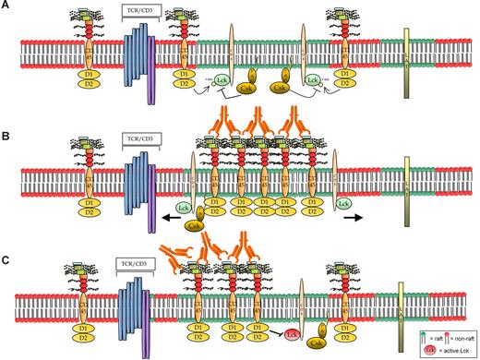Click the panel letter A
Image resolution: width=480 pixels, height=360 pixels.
(6, 6)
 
